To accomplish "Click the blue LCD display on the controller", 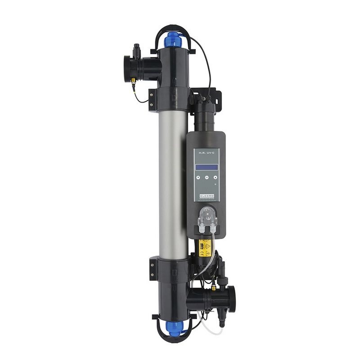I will pyautogui.click(x=206, y=167).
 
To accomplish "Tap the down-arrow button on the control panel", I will pyautogui.click(x=196, y=177).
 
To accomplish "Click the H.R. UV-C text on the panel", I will pyautogui.click(x=206, y=154).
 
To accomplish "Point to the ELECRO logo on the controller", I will pyautogui.click(x=206, y=196).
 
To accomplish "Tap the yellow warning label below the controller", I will pyautogui.click(x=205, y=246).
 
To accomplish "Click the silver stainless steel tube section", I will pyautogui.click(x=173, y=180).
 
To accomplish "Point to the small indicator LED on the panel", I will pyautogui.click(x=215, y=184).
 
